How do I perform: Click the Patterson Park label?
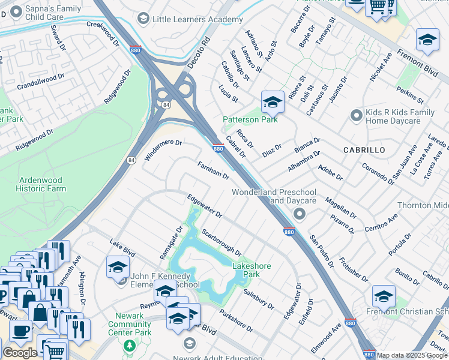[x=250, y=119]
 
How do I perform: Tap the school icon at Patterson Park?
[x=272, y=102]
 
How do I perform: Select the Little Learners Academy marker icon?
[x=143, y=19]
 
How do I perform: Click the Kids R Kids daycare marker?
[x=357, y=113]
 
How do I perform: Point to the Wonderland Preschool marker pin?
[x=299, y=214]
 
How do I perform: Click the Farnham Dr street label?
[x=214, y=170]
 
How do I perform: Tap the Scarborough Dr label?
[x=221, y=242]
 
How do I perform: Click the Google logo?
[x=20, y=353]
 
